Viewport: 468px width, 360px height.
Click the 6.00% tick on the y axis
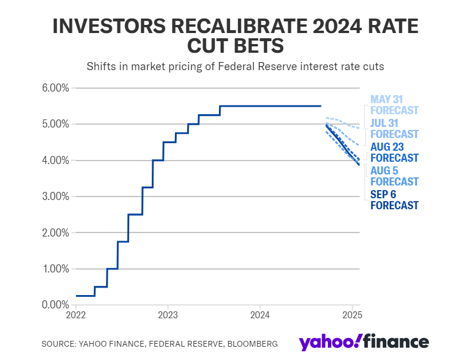(56, 88)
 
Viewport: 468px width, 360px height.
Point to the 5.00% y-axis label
(56, 124)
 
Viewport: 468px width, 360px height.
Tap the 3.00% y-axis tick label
(56, 197)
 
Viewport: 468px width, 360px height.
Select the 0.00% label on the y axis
(56, 305)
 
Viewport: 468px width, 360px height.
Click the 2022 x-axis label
(76, 316)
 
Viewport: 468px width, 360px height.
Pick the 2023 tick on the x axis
(168, 316)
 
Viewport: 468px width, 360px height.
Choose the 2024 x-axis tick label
(260, 316)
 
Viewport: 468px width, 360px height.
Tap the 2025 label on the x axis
(352, 316)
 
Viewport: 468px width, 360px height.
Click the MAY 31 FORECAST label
(394, 105)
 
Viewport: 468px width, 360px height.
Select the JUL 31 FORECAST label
(394, 129)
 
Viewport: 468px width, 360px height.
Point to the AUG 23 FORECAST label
(394, 152)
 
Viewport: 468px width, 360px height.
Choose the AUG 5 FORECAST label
(394, 176)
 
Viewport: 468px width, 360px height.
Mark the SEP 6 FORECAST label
(394, 200)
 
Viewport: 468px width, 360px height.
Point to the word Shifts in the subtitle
(100, 67)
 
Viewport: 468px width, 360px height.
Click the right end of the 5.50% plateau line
(321, 106)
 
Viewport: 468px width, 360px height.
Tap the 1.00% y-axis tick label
(56, 269)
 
